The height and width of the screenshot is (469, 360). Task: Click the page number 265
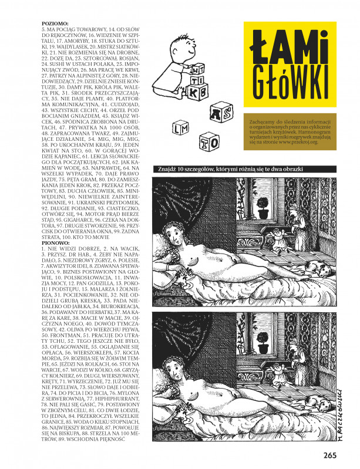pyautogui.click(x=329, y=453)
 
